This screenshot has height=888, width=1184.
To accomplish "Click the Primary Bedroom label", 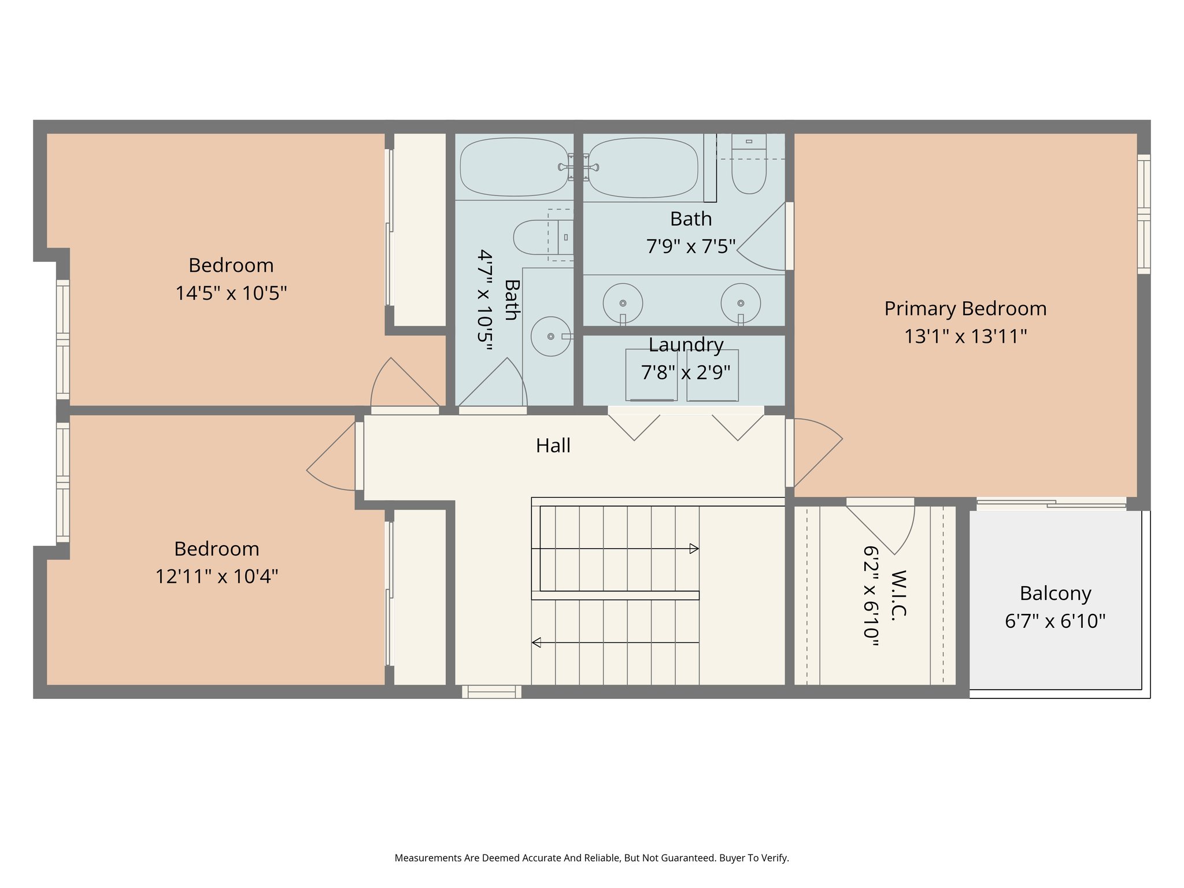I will tap(965, 309).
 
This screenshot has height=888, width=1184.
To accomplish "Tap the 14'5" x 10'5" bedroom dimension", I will tap(231, 293).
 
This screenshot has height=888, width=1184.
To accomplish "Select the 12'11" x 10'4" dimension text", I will tap(217, 576).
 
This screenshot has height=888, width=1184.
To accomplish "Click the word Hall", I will tap(553, 446).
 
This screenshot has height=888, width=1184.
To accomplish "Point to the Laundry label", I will tap(686, 345).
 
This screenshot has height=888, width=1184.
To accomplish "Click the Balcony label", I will tap(1055, 594).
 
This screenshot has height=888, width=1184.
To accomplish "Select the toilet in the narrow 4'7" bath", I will tap(538, 237).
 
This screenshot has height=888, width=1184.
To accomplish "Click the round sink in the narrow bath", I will tap(550, 336).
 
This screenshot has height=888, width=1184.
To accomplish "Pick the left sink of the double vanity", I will tap(623, 303).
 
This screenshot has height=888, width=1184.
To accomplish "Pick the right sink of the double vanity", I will tap(741, 303).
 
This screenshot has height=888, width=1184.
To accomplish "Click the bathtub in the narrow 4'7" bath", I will tap(514, 167).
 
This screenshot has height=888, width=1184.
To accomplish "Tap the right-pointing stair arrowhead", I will tap(694, 549).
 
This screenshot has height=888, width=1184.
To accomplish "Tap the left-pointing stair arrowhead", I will tap(536, 642).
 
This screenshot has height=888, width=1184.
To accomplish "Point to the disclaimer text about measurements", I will tap(591, 858).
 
